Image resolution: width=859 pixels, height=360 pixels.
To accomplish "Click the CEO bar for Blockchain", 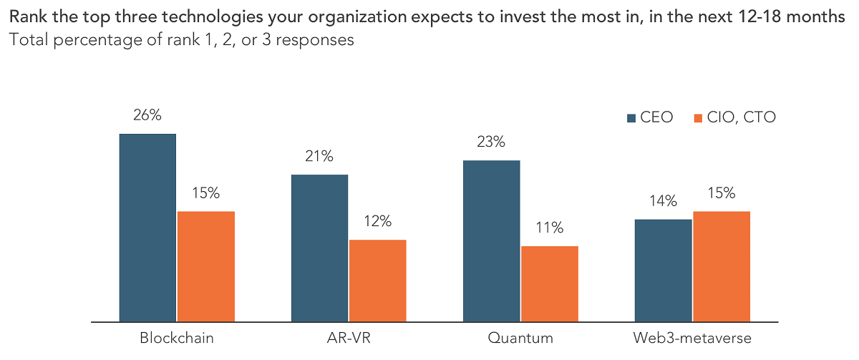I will click(x=147, y=228).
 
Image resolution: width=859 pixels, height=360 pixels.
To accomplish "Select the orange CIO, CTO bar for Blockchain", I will click(x=205, y=266).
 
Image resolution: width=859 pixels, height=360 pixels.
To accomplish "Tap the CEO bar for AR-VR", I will click(x=319, y=248).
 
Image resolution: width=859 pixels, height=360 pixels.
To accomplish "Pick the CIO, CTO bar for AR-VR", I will click(x=377, y=281).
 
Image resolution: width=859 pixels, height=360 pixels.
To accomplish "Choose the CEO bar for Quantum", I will click(x=492, y=240).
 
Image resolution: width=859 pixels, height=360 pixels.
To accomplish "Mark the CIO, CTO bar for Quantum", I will click(x=549, y=283).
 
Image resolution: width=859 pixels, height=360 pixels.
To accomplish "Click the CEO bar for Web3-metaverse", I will click(x=663, y=270).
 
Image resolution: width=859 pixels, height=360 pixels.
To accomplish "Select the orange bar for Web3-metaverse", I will click(x=721, y=266).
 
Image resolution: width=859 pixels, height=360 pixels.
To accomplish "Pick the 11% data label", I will click(x=549, y=229).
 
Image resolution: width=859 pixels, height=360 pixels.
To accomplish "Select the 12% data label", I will click(x=377, y=223).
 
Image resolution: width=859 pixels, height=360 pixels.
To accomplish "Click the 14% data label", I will click(x=663, y=202).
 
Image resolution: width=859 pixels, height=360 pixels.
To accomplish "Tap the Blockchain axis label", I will click(x=176, y=337).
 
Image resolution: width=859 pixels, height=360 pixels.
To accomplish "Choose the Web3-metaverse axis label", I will click(x=692, y=337).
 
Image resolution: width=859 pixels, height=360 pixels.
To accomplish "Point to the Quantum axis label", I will click(x=520, y=337).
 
